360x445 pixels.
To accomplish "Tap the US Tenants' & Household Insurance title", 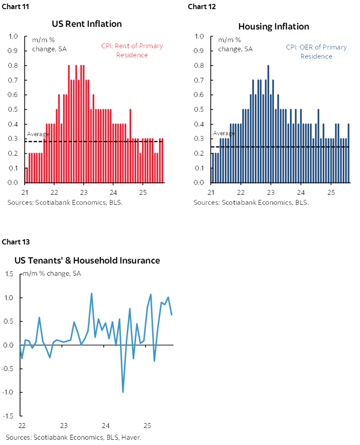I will point(87,261).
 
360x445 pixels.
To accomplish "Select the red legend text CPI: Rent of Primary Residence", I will point(138,50).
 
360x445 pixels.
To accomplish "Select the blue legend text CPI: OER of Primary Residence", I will point(316,52).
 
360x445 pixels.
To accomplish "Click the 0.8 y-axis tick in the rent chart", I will point(14,66).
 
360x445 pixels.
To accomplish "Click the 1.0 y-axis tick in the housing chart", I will point(200,37).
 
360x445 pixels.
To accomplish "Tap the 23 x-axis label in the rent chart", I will point(83,192).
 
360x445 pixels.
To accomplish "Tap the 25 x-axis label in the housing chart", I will point(330,192).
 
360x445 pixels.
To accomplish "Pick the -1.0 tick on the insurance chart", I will point(9,392).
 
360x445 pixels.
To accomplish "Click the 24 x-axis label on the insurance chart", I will point(106,425).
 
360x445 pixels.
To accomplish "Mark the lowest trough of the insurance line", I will point(123,391).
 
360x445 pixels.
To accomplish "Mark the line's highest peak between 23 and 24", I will point(91,294).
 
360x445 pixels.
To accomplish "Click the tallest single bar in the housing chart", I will point(268,124).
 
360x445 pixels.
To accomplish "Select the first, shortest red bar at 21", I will point(27,175).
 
